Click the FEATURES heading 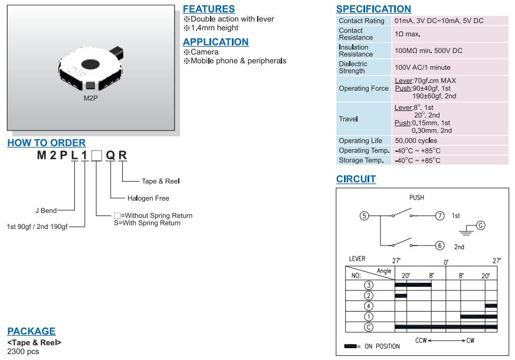coord(209,9)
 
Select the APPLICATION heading coord(215,42)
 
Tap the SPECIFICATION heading coord(373,9)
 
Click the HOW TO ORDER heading coord(46,143)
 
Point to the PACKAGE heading coord(31,331)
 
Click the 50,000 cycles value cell coord(416,141)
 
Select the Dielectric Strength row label coord(353,67)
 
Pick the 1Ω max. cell coord(408,34)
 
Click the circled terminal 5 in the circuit coord(365,216)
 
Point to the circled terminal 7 coord(439,216)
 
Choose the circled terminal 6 coord(439,245)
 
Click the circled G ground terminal coord(480,225)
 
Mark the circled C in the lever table coord(369,326)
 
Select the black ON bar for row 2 coord(401,295)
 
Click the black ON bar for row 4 coord(491,306)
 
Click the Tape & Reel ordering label coord(160,181)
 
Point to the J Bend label coord(45,210)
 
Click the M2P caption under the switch coord(90,98)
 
